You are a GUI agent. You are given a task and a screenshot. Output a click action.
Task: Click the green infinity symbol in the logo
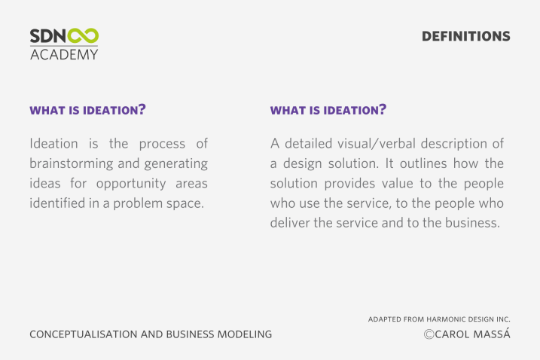83,36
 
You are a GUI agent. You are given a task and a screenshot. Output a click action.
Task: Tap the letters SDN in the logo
48,36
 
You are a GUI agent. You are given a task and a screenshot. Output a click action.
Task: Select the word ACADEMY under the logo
64,54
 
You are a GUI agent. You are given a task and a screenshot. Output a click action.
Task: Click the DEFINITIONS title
466,36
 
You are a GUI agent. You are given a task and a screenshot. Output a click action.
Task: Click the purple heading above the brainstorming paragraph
88,110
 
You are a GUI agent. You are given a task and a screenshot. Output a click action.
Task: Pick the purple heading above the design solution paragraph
328,110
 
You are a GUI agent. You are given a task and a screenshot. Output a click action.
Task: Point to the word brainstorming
72,163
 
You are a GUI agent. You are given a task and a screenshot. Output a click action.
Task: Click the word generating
176,163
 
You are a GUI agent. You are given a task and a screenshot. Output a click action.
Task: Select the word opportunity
131,184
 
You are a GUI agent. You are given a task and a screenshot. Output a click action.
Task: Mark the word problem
138,203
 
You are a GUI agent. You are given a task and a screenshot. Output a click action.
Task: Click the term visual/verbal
372,144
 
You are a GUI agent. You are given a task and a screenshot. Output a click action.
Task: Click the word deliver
290,222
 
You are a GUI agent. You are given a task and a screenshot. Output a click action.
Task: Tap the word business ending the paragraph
472,222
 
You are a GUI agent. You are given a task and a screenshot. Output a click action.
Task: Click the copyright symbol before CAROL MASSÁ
429,334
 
